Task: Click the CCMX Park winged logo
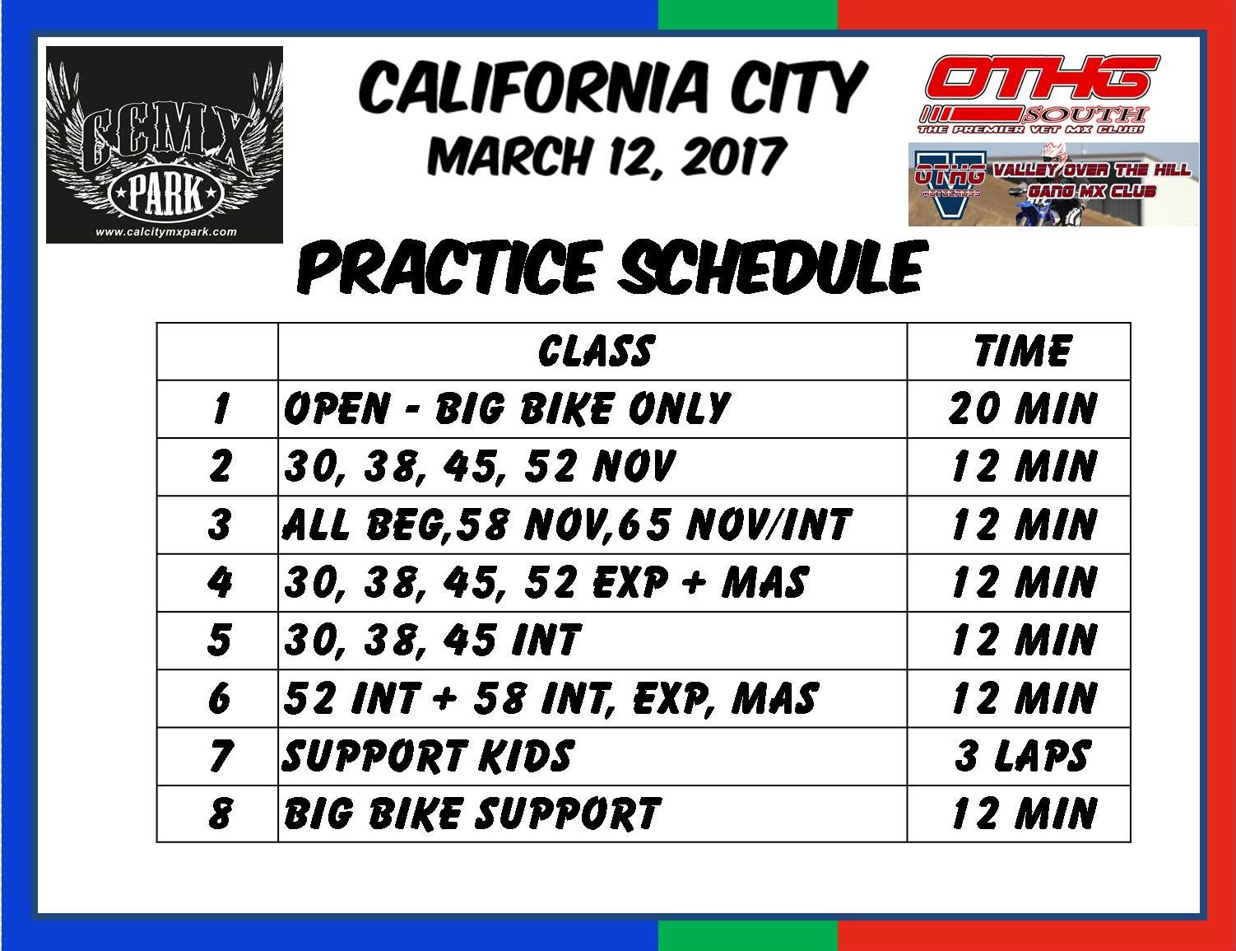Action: click(x=165, y=145)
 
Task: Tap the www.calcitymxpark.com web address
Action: click(x=165, y=231)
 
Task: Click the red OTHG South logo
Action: click(x=1039, y=95)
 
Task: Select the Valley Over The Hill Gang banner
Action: click(x=1053, y=184)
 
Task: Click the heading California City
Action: click(x=612, y=89)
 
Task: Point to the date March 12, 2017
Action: click(x=607, y=156)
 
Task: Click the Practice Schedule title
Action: click(x=609, y=267)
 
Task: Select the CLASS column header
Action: click(x=596, y=351)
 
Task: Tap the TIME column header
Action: click(x=1022, y=351)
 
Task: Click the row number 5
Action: click(x=220, y=641)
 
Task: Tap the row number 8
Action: click(x=220, y=813)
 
